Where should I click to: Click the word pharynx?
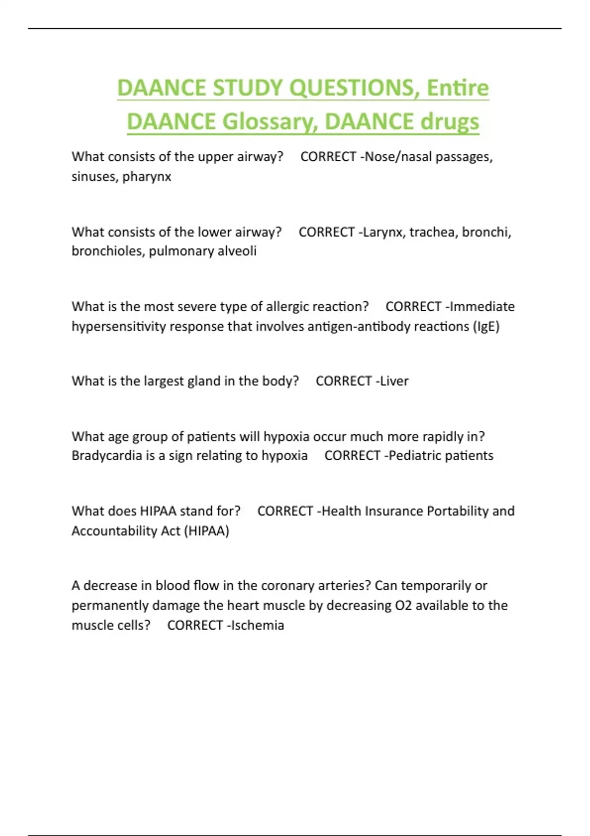tap(147, 177)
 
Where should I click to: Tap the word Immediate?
tap(482, 306)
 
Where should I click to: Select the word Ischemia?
tap(257, 625)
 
